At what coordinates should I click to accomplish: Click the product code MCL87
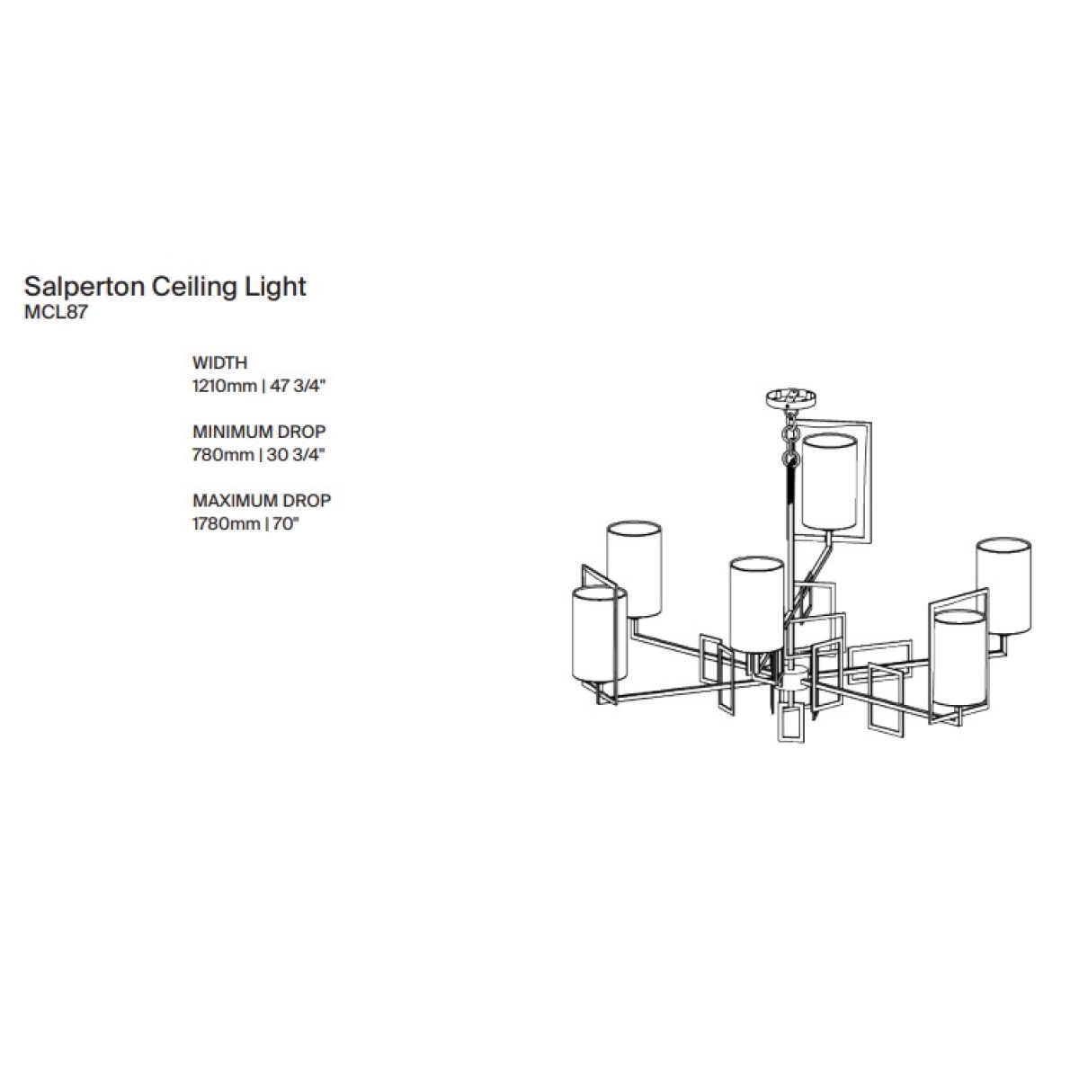pyautogui.click(x=56, y=312)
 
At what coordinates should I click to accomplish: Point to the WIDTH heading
pyautogui.click(x=219, y=363)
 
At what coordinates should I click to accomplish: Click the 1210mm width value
pyautogui.click(x=224, y=387)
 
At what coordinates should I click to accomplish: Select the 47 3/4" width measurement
pyautogui.click(x=298, y=387)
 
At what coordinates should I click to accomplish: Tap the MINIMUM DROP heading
pyautogui.click(x=259, y=432)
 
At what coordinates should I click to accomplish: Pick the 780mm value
pyautogui.click(x=223, y=455)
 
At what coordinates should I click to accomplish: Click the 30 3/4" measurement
pyautogui.click(x=296, y=455)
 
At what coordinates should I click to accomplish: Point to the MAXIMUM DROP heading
pyautogui.click(x=262, y=500)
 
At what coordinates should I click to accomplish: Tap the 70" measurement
pyautogui.click(x=286, y=523)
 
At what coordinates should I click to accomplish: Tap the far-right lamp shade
pyautogui.click(x=1003, y=586)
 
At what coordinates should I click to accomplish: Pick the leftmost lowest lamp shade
pyautogui.click(x=599, y=634)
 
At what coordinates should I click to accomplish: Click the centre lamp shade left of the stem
pyautogui.click(x=756, y=605)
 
